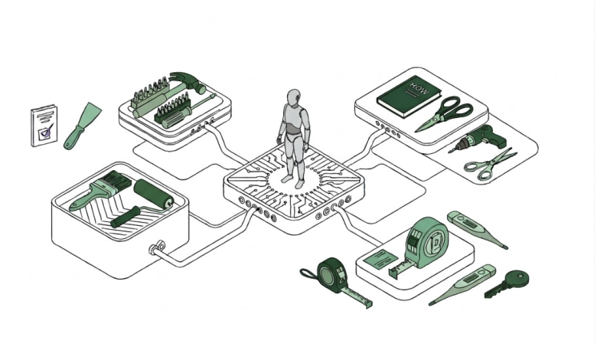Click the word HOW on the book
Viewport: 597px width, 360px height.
coord(419,87)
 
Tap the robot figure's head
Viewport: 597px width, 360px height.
coord(294,97)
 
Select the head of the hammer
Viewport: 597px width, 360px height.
coord(189,81)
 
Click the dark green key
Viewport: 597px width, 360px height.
coord(507,284)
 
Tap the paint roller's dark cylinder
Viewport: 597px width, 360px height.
coord(154,193)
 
